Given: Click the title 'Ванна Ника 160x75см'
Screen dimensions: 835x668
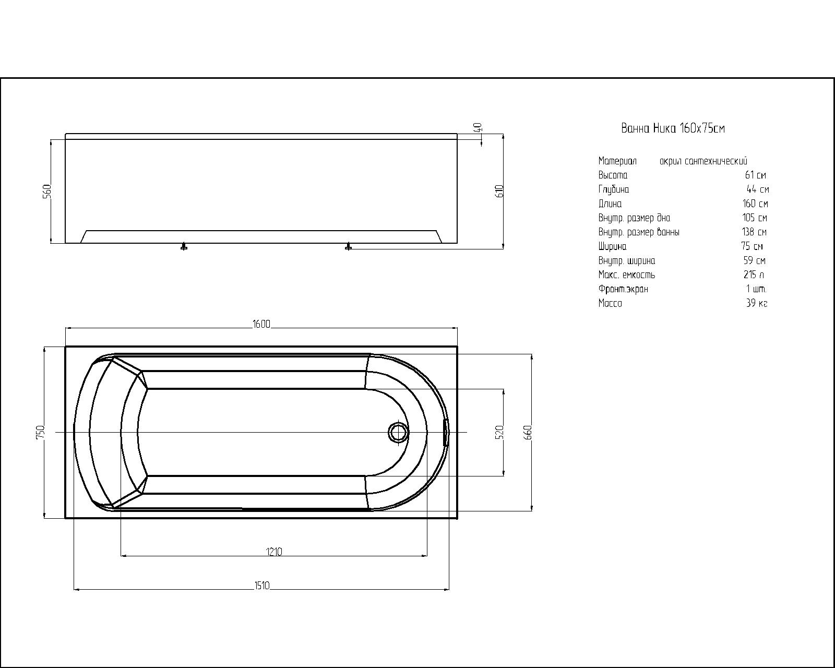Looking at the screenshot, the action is click(x=673, y=128).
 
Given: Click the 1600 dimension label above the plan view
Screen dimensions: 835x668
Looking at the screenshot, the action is click(x=261, y=324).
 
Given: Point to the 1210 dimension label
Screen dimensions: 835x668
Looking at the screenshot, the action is click(x=274, y=552).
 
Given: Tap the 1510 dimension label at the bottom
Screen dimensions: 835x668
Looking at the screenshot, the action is click(x=261, y=586).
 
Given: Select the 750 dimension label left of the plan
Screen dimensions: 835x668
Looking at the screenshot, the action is click(x=41, y=432).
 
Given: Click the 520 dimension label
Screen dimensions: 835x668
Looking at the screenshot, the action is click(x=499, y=432).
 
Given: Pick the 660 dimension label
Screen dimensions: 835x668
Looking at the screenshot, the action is click(x=528, y=432).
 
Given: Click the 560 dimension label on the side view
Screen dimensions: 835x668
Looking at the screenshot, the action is click(x=46, y=192).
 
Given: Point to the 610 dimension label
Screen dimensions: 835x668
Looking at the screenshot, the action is click(x=500, y=190).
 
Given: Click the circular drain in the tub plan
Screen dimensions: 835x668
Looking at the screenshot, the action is click(x=398, y=432).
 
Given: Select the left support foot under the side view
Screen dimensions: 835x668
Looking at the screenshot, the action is click(x=184, y=246).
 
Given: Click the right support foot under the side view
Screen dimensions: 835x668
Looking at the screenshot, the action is click(x=349, y=246).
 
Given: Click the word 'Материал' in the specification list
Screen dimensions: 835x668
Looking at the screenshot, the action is click(x=617, y=161).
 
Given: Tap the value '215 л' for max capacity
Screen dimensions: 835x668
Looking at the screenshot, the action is click(x=754, y=275).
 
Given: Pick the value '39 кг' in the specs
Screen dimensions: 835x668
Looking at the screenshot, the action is click(x=757, y=303).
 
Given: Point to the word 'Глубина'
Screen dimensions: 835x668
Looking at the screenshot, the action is click(x=613, y=189).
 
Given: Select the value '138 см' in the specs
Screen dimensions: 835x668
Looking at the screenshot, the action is click(x=754, y=232).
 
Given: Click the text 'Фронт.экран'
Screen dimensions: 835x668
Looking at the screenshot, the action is click(x=623, y=289).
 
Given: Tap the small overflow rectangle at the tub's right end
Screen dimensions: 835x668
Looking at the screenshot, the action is click(x=446, y=432).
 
